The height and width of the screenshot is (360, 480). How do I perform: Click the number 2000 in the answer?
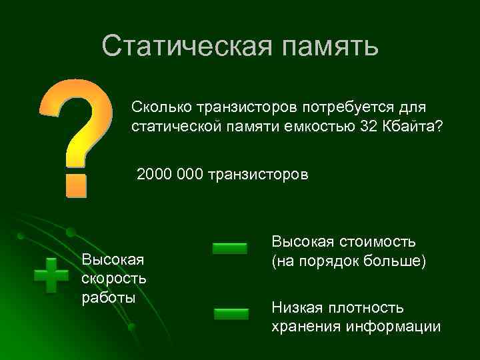click(155, 175)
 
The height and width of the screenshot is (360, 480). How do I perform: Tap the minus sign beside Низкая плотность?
click(231, 313)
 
